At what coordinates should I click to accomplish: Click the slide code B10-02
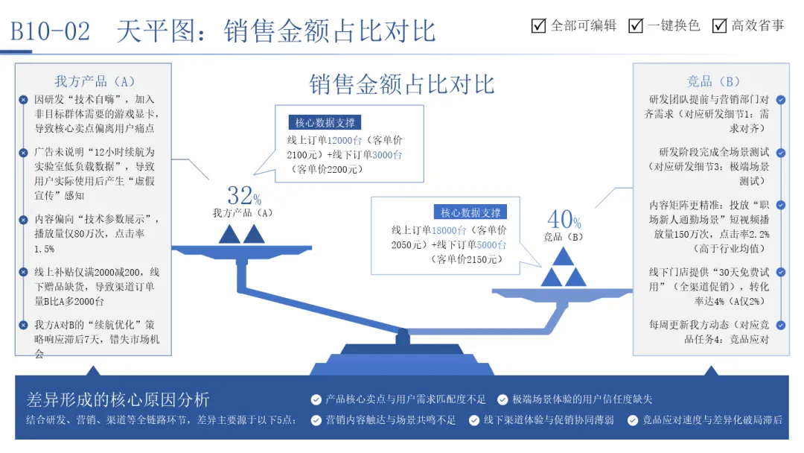50,31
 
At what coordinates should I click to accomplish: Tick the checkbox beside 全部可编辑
539,25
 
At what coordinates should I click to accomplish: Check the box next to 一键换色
636,25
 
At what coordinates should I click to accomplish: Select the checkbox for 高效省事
719,25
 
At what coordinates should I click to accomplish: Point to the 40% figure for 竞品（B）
564,219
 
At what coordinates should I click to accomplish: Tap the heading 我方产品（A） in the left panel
95,81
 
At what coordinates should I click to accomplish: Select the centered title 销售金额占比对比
402,83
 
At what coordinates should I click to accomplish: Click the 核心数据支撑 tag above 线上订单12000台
325,123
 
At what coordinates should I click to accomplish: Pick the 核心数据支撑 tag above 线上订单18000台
470,212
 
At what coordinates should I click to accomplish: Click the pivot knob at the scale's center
402,337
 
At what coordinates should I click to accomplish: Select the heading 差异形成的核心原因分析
118,399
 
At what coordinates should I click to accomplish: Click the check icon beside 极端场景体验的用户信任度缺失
503,400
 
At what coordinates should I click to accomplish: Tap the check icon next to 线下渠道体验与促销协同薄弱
474,420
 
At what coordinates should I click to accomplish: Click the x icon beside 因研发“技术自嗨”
23,99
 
